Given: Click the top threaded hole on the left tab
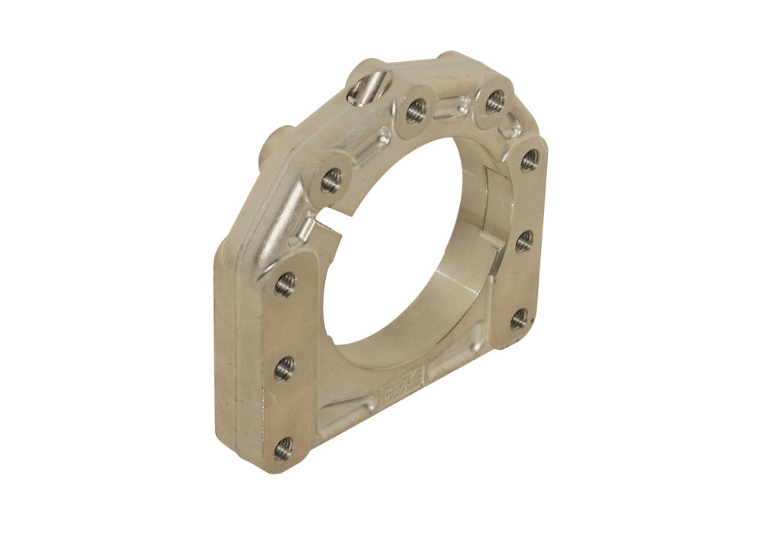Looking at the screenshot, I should pyautogui.click(x=285, y=285).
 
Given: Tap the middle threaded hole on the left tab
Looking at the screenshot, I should pyautogui.click(x=284, y=368).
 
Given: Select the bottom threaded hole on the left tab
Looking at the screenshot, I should pyautogui.click(x=283, y=448).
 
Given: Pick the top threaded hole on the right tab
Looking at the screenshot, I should pyautogui.click(x=530, y=160).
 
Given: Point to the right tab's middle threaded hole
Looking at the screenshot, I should pyautogui.click(x=524, y=241).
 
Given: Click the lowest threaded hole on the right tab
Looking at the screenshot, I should pyautogui.click(x=519, y=319).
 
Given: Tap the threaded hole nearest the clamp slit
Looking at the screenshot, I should pyautogui.click(x=331, y=180).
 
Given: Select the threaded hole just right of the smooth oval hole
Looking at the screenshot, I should pyautogui.click(x=416, y=111).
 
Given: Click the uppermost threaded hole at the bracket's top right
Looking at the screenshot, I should pyautogui.click(x=494, y=100).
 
